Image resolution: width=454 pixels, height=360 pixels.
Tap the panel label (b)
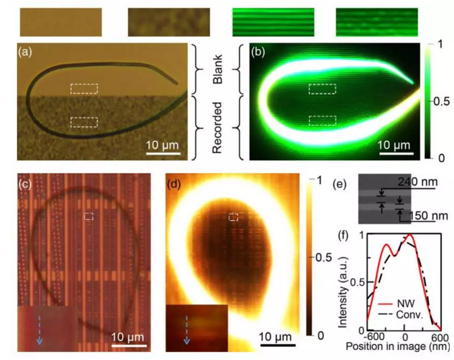261,51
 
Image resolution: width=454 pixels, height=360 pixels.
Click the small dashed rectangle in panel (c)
89,216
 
